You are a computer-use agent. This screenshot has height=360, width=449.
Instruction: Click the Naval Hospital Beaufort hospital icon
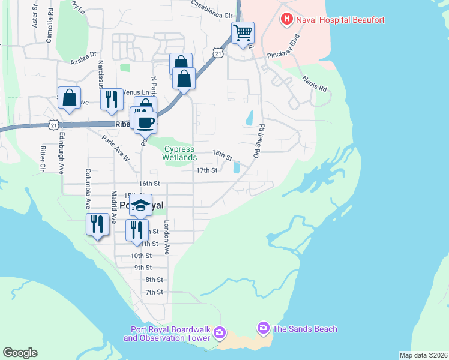pyautogui.click(x=287, y=19)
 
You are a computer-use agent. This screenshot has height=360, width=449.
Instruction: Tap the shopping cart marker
pyautogui.click(x=243, y=32)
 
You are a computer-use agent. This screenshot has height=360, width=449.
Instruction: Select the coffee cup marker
pyautogui.click(x=145, y=122)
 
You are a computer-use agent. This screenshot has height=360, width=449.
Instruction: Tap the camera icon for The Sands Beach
pyautogui.click(x=263, y=328)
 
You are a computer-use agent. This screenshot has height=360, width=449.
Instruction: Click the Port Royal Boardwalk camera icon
pyautogui.click(x=220, y=332)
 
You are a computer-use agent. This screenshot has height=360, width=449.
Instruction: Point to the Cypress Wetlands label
pyautogui.click(x=179, y=153)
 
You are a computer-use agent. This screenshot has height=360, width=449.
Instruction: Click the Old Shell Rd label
pyautogui.click(x=260, y=142)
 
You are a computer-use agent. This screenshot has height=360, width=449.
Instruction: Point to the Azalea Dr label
pyautogui.click(x=83, y=61)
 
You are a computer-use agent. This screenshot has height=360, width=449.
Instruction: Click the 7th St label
pyautogui.click(x=154, y=292)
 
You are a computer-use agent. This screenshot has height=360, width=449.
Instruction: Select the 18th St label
pyautogui.click(x=222, y=155)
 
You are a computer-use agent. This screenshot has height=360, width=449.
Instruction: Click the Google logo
pyautogui.click(x=20, y=353)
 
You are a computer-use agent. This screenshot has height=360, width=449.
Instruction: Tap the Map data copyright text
pyautogui.click(x=423, y=355)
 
